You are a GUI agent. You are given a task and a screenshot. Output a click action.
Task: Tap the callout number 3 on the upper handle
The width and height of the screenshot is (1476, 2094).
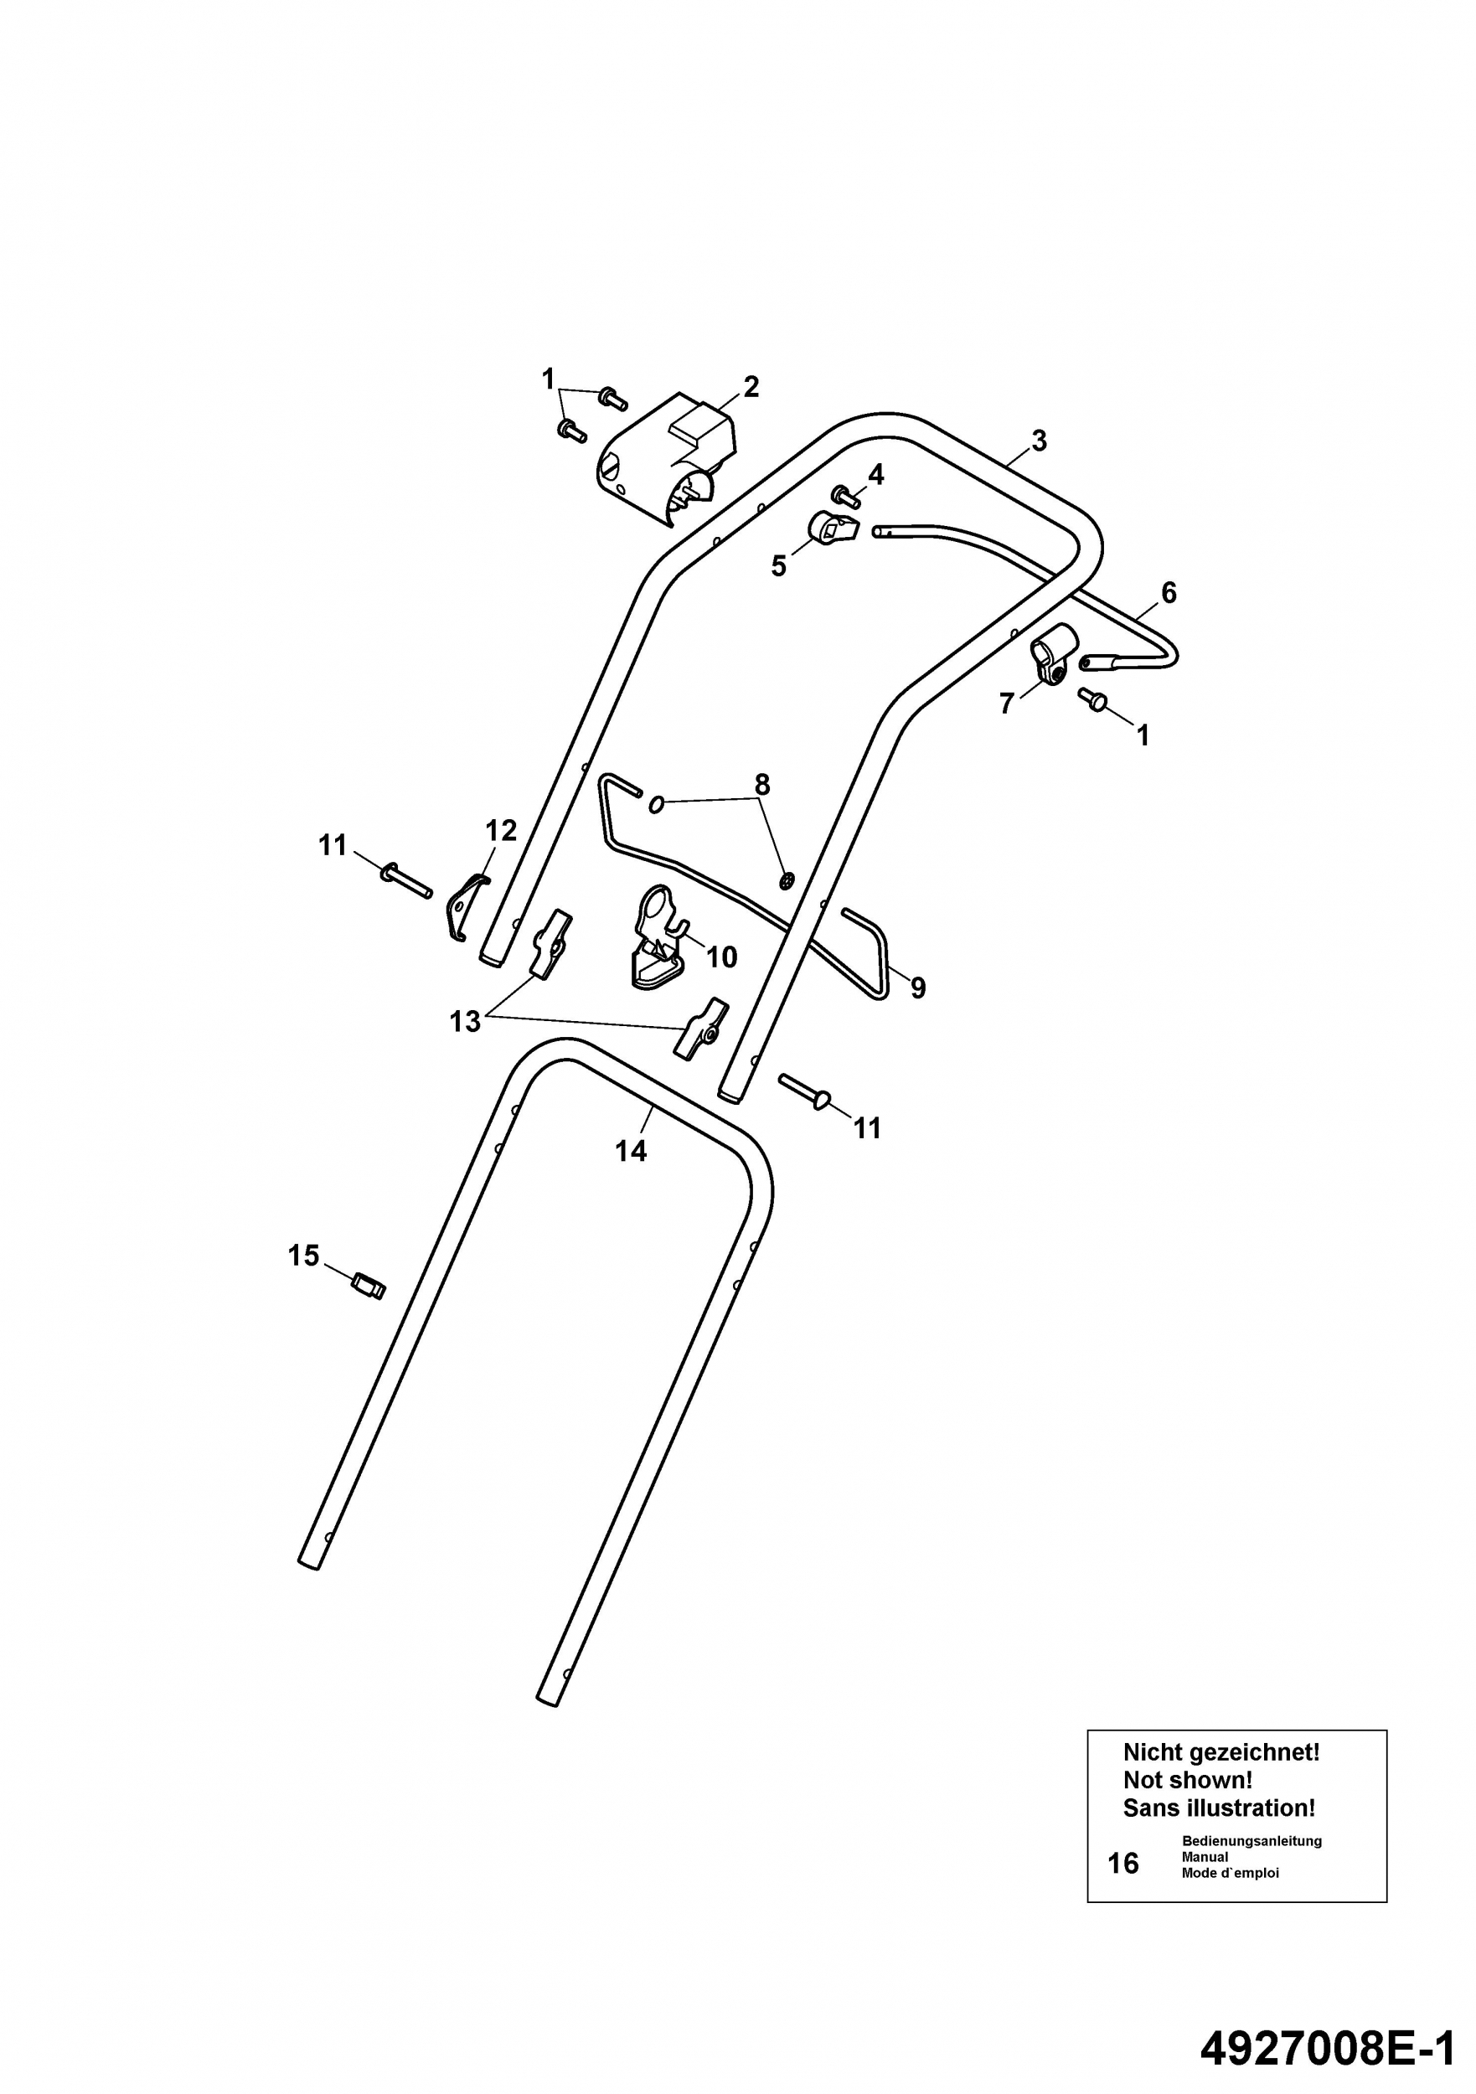(x=1039, y=441)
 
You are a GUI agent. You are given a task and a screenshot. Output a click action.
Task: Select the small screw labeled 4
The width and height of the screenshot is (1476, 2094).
(x=849, y=498)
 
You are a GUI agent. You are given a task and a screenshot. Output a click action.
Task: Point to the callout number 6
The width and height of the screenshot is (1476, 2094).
(x=1169, y=593)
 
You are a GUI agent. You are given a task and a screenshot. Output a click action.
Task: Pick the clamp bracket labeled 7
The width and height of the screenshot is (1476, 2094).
(x=1055, y=653)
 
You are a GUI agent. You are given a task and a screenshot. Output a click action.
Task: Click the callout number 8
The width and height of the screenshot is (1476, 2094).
(x=761, y=784)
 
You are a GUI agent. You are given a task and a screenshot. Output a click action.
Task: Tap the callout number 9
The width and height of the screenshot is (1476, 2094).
(x=918, y=988)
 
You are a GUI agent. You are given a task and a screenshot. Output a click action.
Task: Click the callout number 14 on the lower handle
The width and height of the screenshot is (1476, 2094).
(x=630, y=1151)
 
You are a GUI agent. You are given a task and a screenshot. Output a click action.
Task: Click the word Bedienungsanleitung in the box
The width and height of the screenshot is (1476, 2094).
(x=1252, y=1841)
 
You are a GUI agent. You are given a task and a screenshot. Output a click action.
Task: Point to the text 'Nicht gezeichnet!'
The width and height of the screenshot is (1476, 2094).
(x=1221, y=1753)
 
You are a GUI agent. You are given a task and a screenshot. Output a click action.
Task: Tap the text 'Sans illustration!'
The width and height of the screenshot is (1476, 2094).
(x=1220, y=1808)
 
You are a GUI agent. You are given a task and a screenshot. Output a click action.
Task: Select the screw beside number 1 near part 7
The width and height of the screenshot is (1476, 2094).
(x=1092, y=699)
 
